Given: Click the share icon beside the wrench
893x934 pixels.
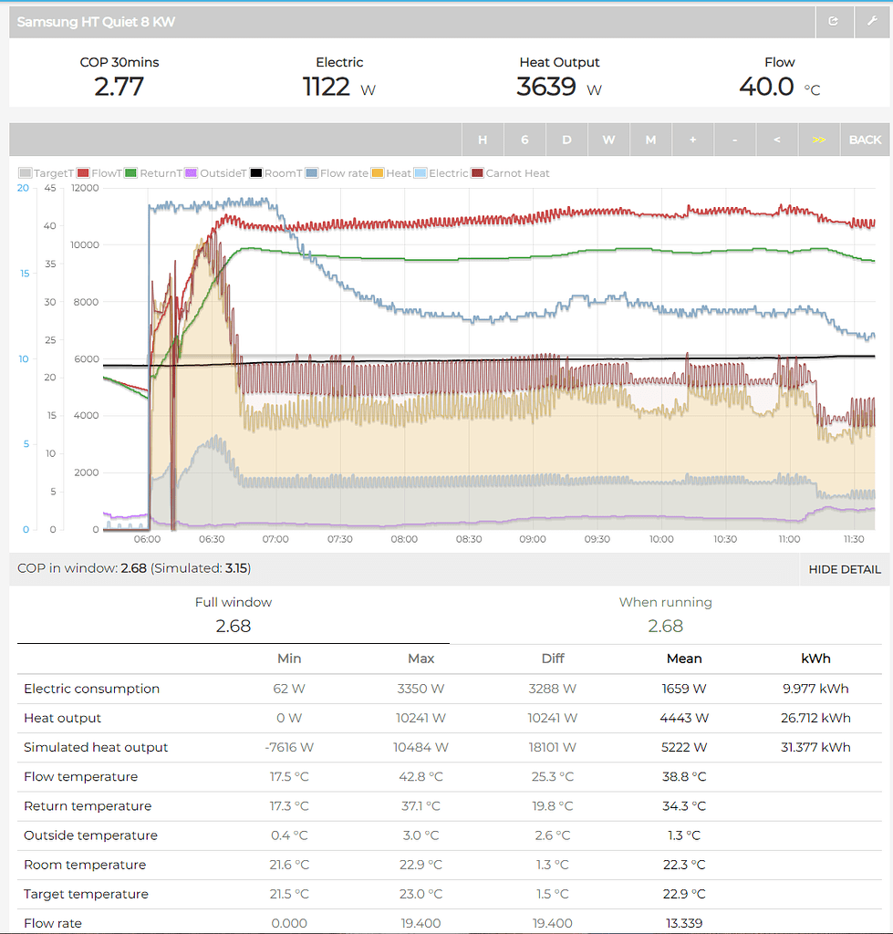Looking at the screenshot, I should point(833,21).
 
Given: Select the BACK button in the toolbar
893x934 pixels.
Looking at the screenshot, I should point(865,140).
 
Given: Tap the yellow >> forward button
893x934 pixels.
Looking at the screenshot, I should point(818,140).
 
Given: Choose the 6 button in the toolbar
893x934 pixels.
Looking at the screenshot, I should point(524,140).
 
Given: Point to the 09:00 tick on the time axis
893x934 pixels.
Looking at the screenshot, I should point(533,539).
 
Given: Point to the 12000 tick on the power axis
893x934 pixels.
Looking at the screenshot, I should point(85,188).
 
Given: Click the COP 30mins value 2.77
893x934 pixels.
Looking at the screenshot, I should point(119,87).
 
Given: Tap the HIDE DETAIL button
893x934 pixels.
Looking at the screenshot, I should point(845,569).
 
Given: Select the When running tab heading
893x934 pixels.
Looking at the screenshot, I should point(665,602).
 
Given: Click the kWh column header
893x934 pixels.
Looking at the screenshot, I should point(815,659).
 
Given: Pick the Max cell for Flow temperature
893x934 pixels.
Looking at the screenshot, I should point(421,777).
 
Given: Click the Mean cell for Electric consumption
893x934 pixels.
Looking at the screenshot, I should point(684,689).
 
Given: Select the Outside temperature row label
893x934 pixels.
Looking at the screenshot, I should point(90,835).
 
